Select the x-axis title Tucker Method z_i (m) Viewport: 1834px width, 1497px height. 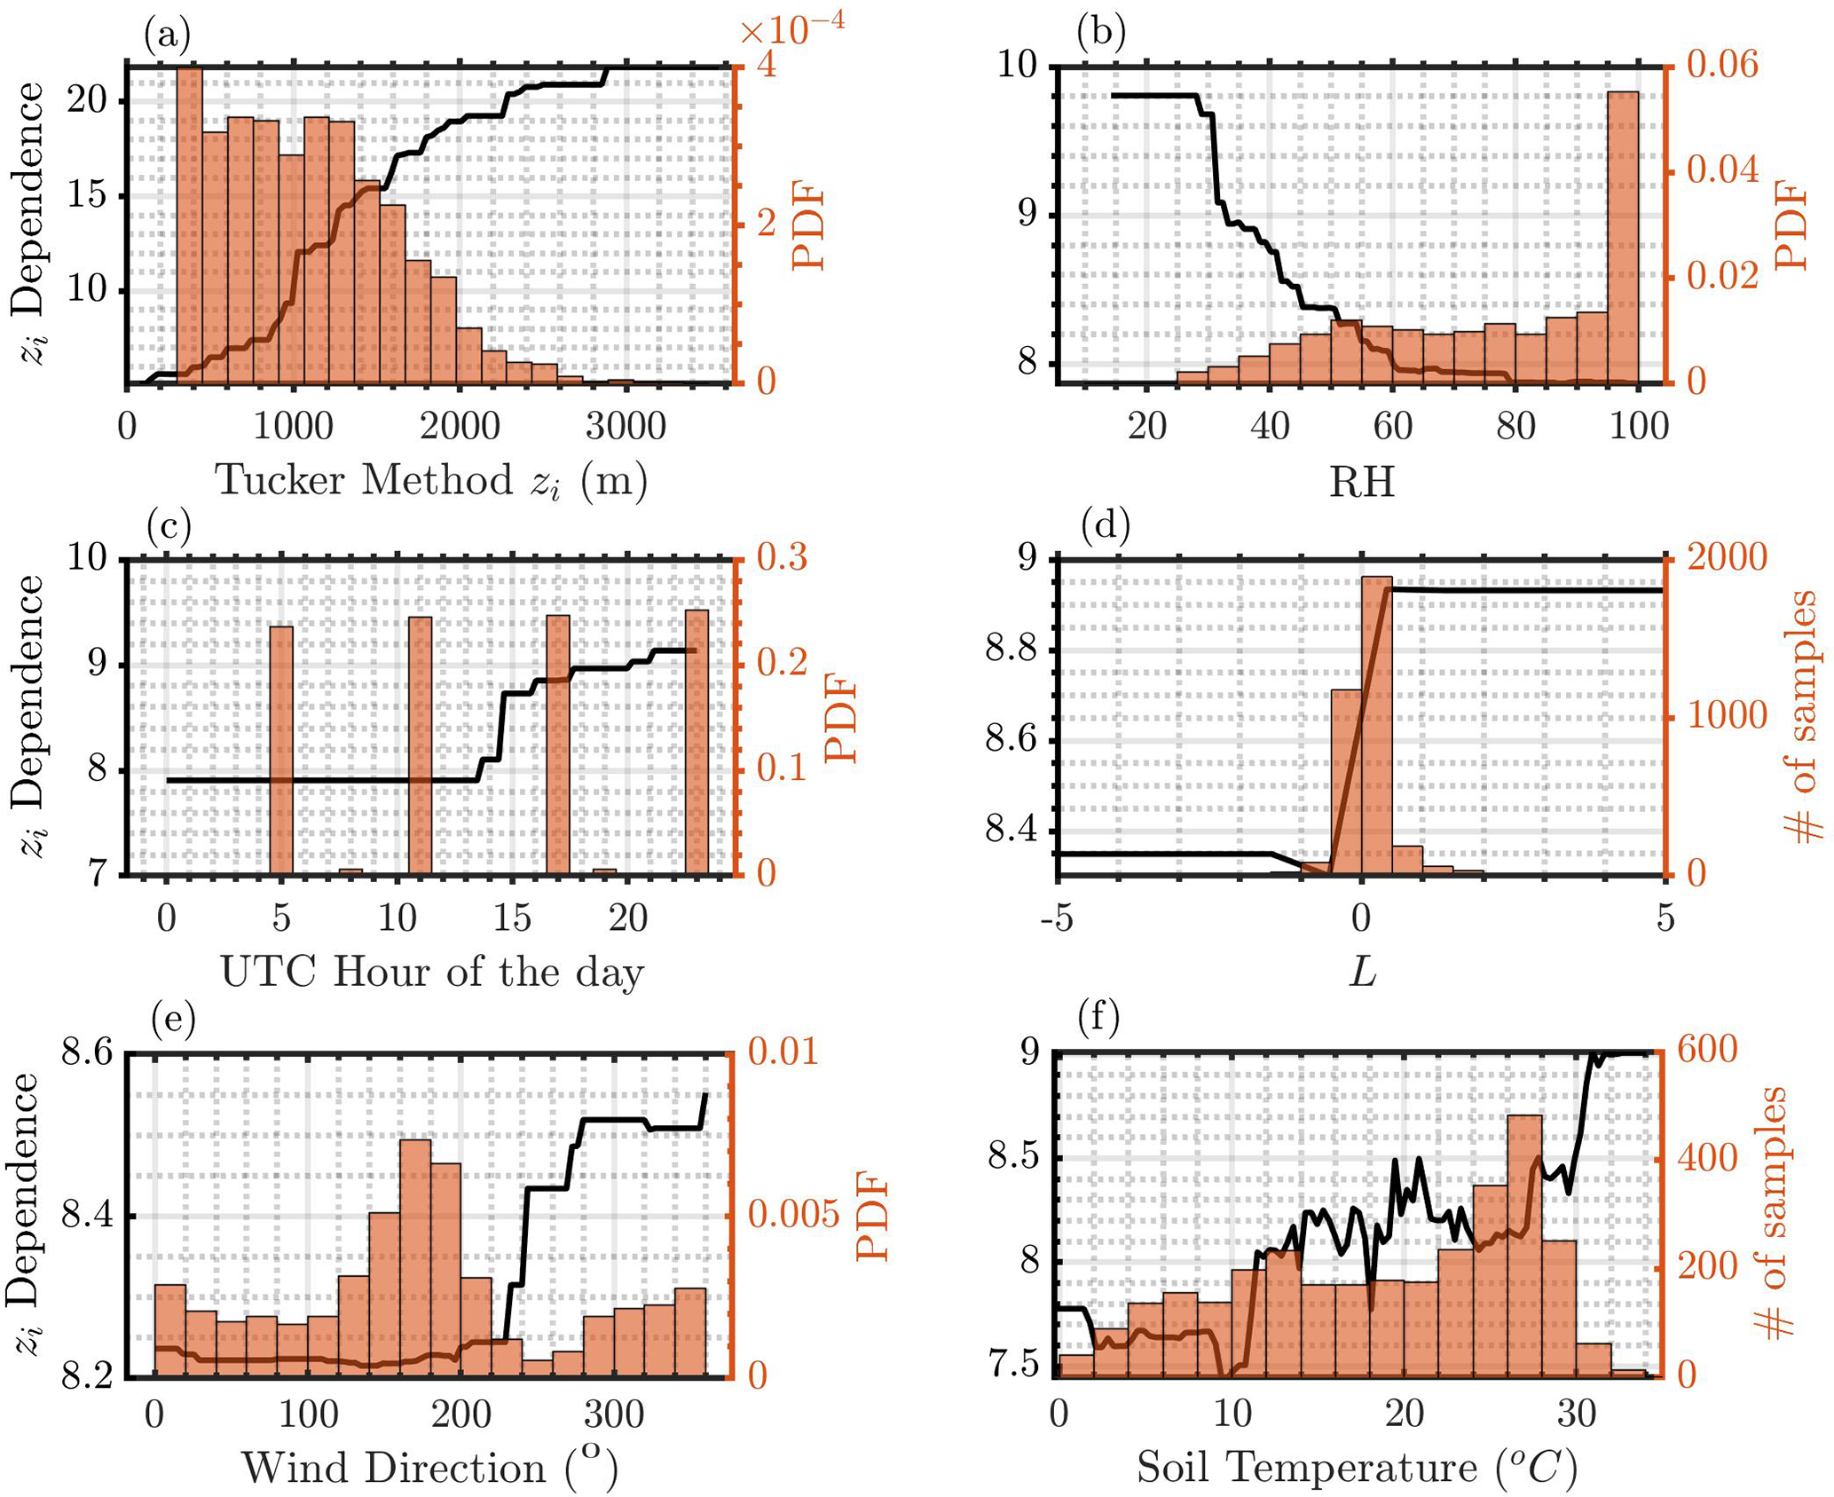pyautogui.click(x=431, y=482)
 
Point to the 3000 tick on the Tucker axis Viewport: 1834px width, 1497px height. pyautogui.click(x=626, y=427)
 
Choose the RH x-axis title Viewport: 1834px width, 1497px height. pyautogui.click(x=1361, y=482)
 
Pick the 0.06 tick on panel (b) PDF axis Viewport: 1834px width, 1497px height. pyautogui.click(x=1721, y=65)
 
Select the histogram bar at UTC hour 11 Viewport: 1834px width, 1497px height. pyautogui.click(x=420, y=745)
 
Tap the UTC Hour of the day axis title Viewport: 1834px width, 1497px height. pyautogui.click(x=432, y=973)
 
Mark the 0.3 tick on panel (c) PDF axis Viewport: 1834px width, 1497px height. pyautogui.click(x=782, y=558)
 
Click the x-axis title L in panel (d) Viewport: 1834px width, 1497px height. pyautogui.click(x=1362, y=973)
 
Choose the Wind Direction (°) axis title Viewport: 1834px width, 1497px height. pyautogui.click(x=429, y=1469)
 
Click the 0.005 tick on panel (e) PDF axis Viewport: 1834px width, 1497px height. pyautogui.click(x=793, y=1215)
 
